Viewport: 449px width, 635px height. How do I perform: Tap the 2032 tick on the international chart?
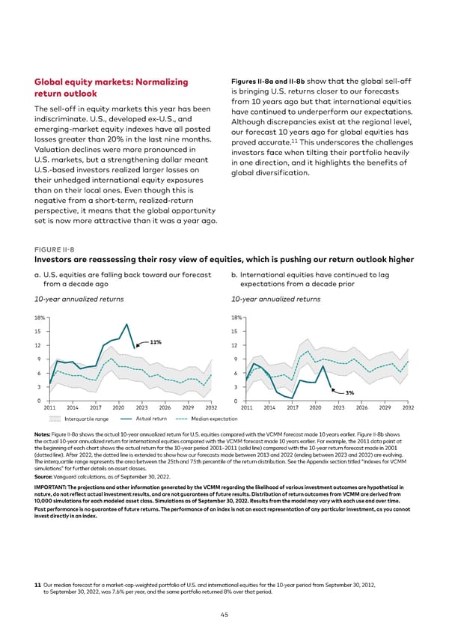pos(408,408)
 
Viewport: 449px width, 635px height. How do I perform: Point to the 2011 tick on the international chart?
pos(244,408)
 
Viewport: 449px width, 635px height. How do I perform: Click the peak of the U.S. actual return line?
pos(128,324)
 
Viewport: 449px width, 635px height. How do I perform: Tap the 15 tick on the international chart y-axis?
pos(236,332)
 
